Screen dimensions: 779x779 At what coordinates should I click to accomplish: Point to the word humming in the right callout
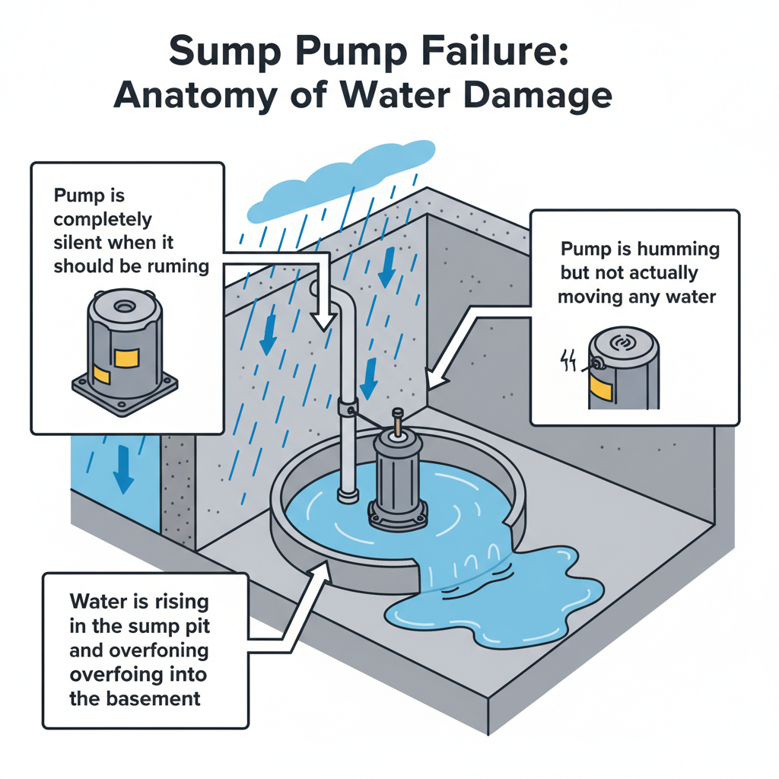point(674,250)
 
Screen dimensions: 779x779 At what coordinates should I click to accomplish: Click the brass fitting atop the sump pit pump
point(396,423)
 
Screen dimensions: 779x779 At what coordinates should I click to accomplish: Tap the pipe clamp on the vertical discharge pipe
point(347,406)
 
